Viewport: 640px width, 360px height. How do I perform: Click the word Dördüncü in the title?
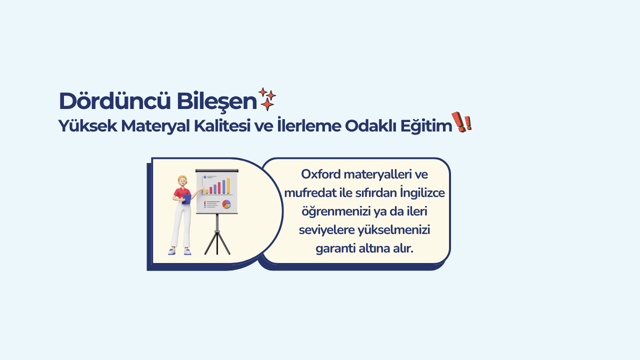(115, 101)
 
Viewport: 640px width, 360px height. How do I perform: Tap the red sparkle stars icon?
(267, 99)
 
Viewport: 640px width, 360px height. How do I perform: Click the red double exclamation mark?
(461, 122)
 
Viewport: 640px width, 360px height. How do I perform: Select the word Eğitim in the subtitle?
(426, 126)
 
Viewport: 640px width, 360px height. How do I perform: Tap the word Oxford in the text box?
(320, 174)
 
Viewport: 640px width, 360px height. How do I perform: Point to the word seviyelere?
(326, 230)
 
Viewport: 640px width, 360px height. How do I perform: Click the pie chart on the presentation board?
(226, 204)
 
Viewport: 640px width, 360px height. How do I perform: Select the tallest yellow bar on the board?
(228, 185)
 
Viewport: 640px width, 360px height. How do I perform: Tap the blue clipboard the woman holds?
(186, 199)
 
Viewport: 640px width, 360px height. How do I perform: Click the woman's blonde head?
(182, 180)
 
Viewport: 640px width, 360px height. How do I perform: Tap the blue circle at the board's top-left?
(204, 177)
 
